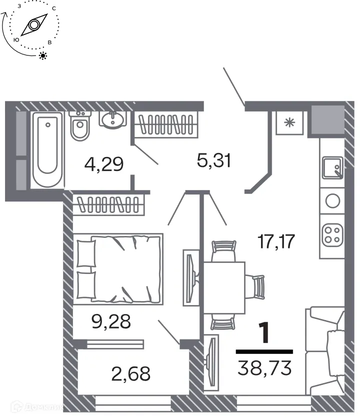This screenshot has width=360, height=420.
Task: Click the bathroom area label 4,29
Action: [x=104, y=163]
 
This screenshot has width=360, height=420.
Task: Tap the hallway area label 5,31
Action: [x=213, y=160]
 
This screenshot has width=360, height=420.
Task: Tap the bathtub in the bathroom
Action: [x=48, y=149]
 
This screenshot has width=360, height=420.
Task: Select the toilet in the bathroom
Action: [x=80, y=126]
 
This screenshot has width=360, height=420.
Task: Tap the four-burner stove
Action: [x=331, y=234]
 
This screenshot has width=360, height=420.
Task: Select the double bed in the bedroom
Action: [x=118, y=268]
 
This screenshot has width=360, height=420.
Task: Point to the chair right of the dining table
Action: [x=256, y=287]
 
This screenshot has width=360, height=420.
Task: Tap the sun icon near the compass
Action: [x=43, y=55]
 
